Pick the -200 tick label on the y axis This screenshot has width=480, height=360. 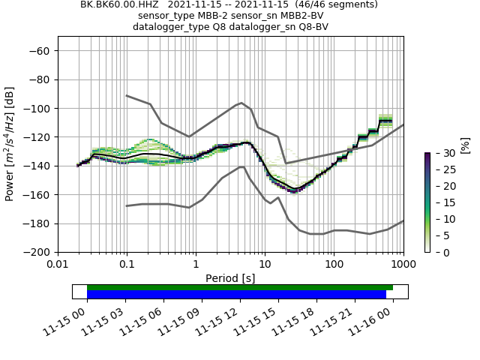click(x=37, y=253)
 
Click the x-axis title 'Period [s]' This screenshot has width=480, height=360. click(x=230, y=278)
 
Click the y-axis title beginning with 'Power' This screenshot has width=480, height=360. click(x=10, y=144)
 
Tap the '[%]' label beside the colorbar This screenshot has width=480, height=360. click(x=465, y=145)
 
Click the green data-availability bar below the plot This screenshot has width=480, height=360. click(x=240, y=287)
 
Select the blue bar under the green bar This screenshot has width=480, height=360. click(x=236, y=294)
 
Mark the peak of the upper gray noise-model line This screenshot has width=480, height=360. click(x=241, y=103)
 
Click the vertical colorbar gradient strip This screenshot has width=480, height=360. click(x=427, y=202)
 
